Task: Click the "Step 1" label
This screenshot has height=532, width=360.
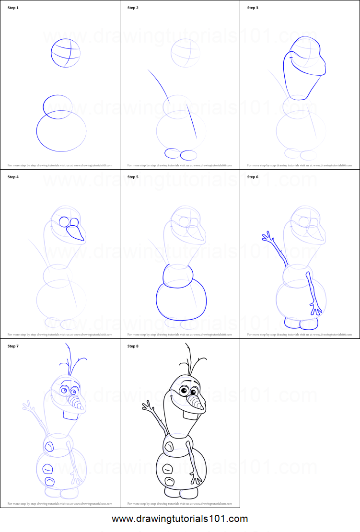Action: tap(13, 8)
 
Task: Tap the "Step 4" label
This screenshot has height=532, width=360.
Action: tap(13, 177)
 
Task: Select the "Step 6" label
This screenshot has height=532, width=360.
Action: tap(253, 177)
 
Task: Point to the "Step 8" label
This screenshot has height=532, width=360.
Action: tap(133, 346)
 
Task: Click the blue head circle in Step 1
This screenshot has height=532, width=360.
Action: tap(66, 53)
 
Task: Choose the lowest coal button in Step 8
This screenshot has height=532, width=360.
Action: tap(169, 482)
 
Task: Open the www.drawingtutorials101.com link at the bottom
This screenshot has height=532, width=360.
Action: tap(180, 519)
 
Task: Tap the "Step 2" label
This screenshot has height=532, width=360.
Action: tap(133, 8)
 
